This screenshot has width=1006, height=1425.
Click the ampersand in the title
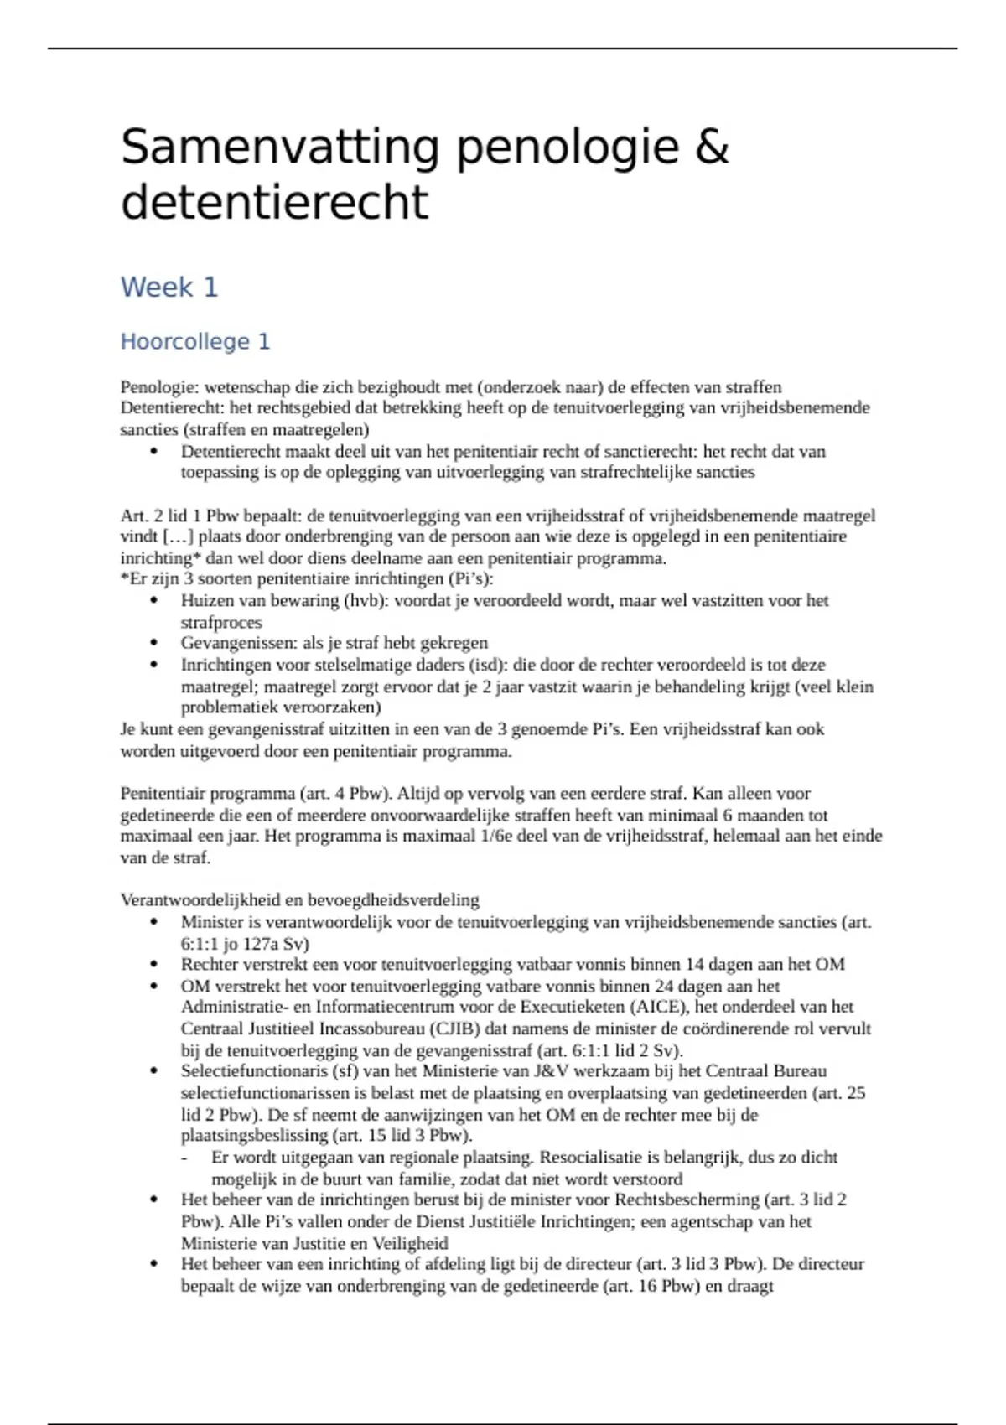[712, 148]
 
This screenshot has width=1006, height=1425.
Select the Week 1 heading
[169, 288]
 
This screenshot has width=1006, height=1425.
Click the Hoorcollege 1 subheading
[195, 342]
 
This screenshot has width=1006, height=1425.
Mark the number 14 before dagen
[695, 965]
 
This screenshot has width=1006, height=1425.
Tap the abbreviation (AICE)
[655, 1008]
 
